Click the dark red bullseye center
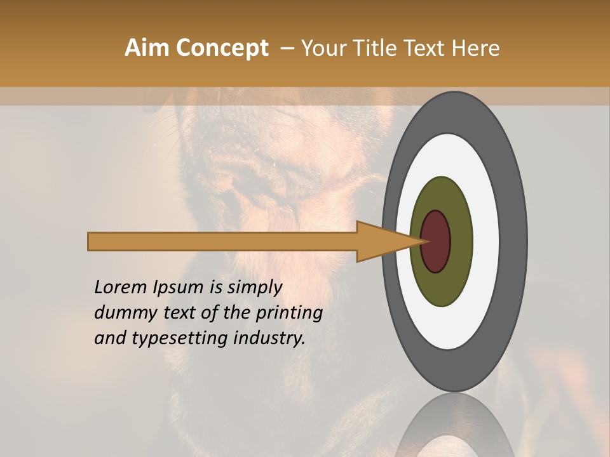(436, 242)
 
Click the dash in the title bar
(287, 48)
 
